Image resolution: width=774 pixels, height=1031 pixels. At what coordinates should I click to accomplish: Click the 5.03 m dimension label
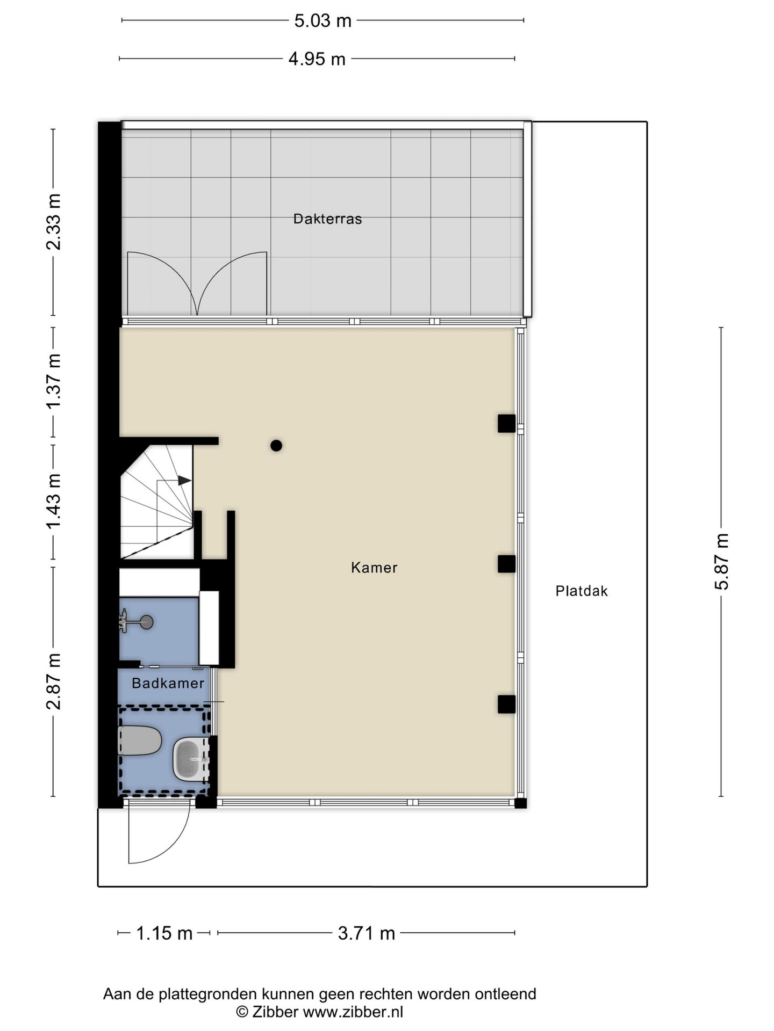click(x=322, y=21)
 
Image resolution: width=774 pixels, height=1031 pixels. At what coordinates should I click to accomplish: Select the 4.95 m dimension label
click(x=317, y=59)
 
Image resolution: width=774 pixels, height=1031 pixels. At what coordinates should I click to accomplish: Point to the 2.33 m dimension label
click(x=54, y=222)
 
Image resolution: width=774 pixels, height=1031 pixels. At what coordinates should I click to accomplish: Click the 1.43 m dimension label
click(x=54, y=500)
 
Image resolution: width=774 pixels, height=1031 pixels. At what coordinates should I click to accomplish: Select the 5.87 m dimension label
click(x=721, y=561)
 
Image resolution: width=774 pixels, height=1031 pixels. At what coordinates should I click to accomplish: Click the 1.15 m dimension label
click(x=164, y=933)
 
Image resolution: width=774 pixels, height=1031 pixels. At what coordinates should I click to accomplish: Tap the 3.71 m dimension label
click(x=366, y=933)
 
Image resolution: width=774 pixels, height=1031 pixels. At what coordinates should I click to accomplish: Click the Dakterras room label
click(x=327, y=219)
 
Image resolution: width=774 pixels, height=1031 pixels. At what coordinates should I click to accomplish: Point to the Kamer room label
click(x=374, y=568)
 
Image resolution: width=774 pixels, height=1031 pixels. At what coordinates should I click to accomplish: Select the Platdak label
click(x=582, y=591)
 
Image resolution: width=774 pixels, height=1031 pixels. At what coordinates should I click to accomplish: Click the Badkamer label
click(x=168, y=683)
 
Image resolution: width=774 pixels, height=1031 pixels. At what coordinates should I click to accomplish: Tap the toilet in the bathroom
click(x=139, y=740)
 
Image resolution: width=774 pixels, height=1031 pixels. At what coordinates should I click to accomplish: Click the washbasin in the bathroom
click(x=189, y=759)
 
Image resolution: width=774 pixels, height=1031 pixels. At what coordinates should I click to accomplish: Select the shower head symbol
click(x=145, y=622)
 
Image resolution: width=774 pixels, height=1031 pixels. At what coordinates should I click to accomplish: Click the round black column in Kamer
click(x=276, y=445)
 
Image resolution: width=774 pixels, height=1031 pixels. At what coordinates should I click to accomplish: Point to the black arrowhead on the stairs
click(x=184, y=480)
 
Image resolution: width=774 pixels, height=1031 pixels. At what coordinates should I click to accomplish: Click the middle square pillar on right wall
click(x=506, y=564)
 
